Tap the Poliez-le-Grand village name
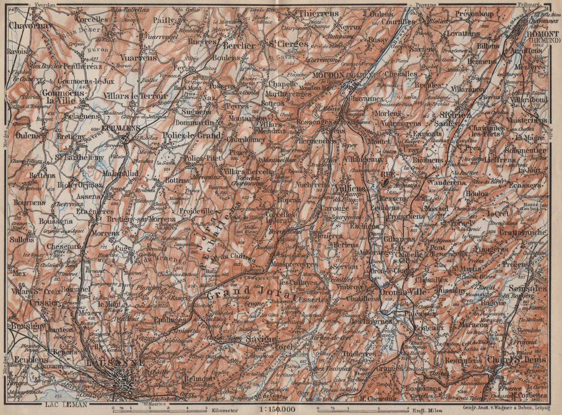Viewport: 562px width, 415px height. point(192,136)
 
